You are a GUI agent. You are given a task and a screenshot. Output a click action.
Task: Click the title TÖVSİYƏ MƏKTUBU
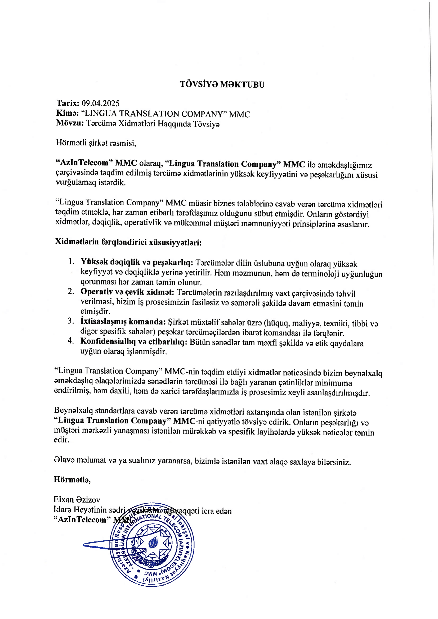(x=222, y=85)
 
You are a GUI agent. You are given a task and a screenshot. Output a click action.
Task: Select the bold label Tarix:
(x=68, y=103)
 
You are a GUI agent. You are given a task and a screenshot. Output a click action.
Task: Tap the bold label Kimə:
(x=67, y=113)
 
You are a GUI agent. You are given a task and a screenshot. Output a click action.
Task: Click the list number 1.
(x=71, y=261)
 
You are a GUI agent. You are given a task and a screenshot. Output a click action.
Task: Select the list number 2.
(x=71, y=291)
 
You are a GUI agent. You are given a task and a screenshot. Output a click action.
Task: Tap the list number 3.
(x=71, y=321)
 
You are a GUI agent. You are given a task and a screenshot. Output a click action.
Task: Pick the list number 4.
(x=71, y=341)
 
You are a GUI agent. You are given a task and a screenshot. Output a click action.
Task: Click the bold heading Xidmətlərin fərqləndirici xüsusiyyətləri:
(x=128, y=242)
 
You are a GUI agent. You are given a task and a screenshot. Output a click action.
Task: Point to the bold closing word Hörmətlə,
(x=72, y=479)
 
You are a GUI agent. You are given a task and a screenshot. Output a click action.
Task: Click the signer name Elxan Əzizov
(x=77, y=500)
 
